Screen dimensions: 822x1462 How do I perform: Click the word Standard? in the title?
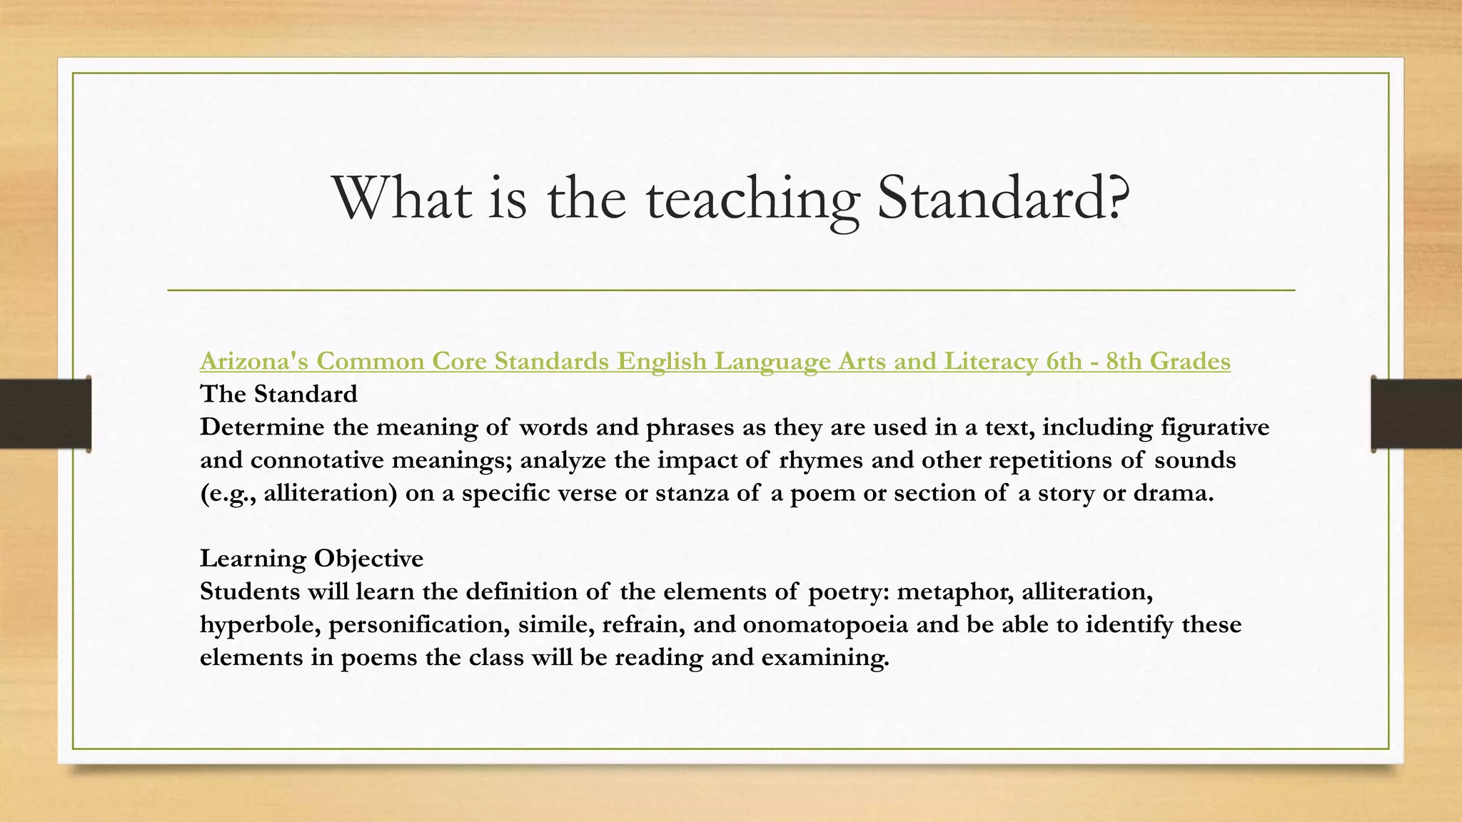[x=1003, y=198]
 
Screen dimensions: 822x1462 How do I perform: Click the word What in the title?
[x=402, y=198]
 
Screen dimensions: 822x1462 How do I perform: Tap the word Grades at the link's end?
[x=1189, y=361]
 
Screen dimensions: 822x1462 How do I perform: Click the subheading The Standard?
[x=278, y=394]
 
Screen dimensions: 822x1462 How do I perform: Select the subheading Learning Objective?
[x=311, y=558]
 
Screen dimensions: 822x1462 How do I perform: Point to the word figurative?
[x=1215, y=427]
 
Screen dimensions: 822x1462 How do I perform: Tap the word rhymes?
[x=820, y=460]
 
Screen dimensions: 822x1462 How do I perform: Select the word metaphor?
[x=955, y=592]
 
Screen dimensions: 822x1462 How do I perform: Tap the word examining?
[x=825, y=658]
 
